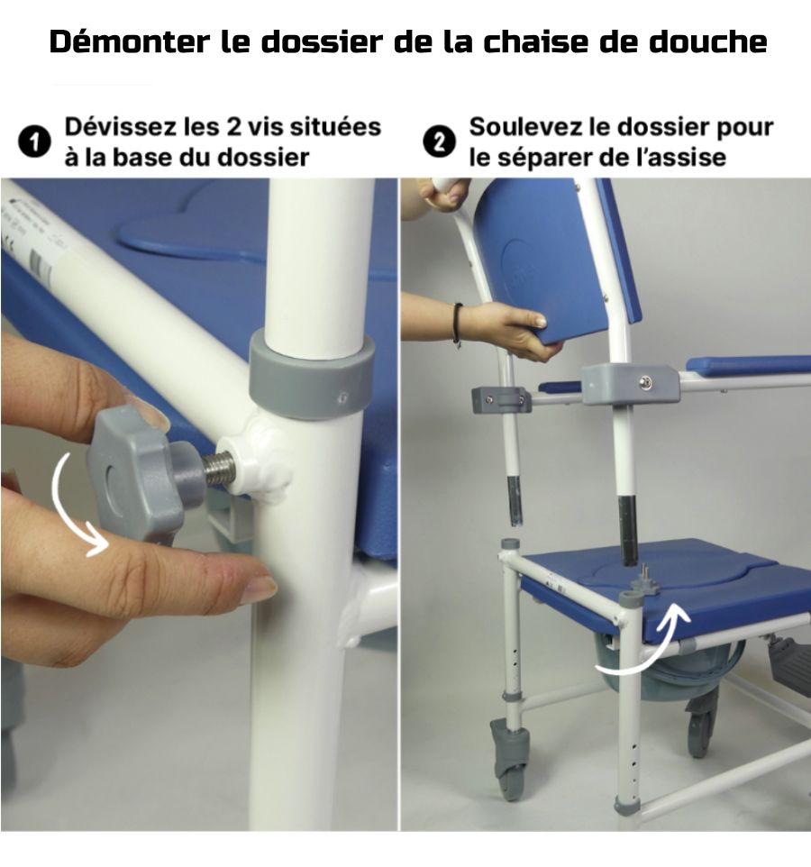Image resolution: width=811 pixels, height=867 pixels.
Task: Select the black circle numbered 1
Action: (34, 142)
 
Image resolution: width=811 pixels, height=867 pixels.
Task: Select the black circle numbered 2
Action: (440, 142)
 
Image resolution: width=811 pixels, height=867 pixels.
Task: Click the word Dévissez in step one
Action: (120, 126)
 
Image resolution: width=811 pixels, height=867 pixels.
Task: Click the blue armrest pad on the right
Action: (747, 364)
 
